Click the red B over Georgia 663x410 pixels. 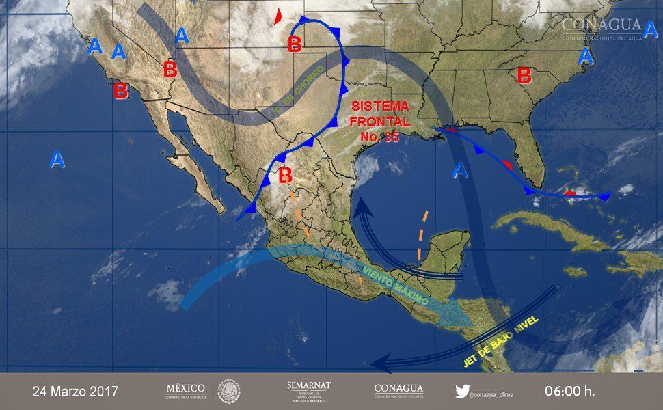524,75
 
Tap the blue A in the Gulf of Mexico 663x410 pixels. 461,169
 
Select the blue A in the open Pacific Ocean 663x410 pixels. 57,160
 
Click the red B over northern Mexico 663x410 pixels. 286,176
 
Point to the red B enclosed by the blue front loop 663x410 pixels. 295,45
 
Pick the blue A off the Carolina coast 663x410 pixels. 584,57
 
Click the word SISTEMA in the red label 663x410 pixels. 380,107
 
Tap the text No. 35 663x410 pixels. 380,136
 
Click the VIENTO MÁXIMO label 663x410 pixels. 396,288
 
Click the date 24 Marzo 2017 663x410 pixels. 75,392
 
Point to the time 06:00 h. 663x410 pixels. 569,392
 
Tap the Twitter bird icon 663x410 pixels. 462,392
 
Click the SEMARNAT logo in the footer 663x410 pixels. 309,391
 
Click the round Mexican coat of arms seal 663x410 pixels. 229,392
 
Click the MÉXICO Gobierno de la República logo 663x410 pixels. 186,391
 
